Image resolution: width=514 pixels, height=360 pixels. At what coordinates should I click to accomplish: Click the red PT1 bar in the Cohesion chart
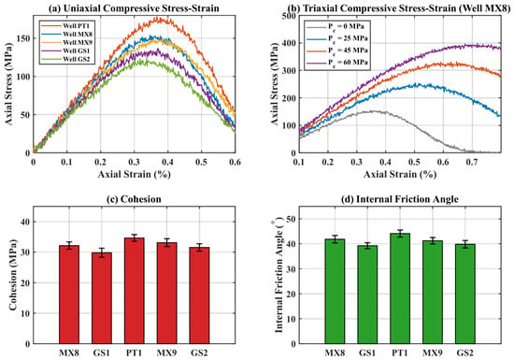click(134, 291)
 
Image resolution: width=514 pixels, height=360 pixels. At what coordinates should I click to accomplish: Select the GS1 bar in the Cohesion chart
click(102, 298)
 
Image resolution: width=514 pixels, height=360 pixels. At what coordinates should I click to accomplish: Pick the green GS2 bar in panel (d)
click(465, 294)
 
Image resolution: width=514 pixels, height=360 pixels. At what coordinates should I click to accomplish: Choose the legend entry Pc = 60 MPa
click(337, 63)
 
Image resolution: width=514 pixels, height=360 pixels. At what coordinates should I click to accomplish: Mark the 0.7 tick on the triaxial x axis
click(472, 162)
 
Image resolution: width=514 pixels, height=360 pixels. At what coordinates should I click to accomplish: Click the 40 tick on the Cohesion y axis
click(25, 222)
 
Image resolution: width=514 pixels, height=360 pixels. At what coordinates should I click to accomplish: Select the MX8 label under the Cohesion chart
click(69, 353)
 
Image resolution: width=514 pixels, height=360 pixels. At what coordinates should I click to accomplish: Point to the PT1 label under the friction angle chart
click(400, 353)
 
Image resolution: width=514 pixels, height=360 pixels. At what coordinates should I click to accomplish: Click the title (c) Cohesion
click(134, 199)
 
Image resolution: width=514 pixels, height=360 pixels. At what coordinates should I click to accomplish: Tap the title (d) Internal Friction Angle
click(400, 199)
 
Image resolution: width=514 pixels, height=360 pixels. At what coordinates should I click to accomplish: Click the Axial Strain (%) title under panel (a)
click(134, 174)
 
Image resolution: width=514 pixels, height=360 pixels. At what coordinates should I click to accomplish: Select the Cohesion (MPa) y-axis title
click(13, 275)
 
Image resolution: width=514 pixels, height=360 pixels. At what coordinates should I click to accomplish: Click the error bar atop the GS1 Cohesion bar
click(102, 252)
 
